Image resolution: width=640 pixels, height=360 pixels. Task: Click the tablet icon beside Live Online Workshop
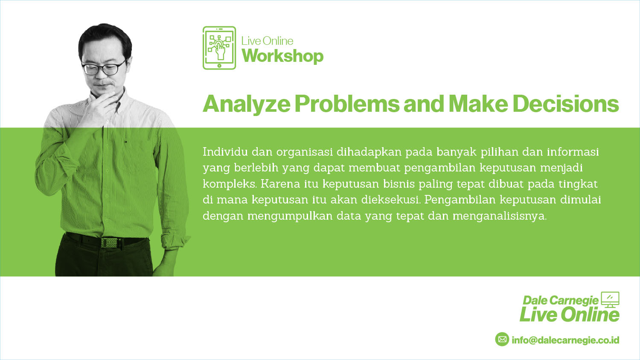[x=219, y=48]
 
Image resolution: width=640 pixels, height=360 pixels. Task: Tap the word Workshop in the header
[x=282, y=56]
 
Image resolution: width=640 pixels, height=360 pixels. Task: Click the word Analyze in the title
[x=247, y=105]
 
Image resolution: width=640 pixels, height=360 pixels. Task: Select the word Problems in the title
[x=347, y=105]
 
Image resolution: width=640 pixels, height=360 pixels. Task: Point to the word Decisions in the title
[x=566, y=104]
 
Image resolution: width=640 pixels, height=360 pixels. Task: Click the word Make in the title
[x=478, y=104]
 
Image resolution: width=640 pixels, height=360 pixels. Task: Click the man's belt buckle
[x=109, y=243]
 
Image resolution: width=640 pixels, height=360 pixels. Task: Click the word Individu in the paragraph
[x=225, y=152]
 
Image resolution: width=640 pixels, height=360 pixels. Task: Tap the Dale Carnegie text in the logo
[x=561, y=300]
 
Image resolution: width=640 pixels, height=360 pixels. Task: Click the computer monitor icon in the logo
[x=610, y=300]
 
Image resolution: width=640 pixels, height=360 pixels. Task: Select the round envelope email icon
[x=502, y=339]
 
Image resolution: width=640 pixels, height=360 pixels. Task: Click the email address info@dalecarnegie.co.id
[x=565, y=340]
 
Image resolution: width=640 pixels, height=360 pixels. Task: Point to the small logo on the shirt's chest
[x=125, y=141]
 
